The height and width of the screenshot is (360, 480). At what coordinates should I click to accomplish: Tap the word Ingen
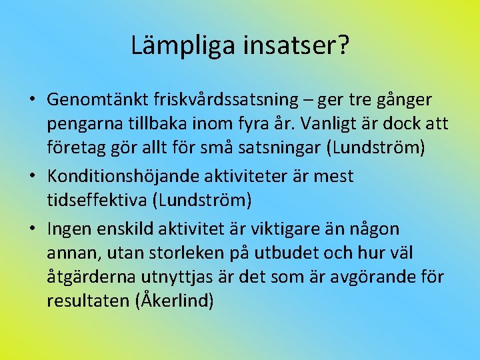tap(68, 229)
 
